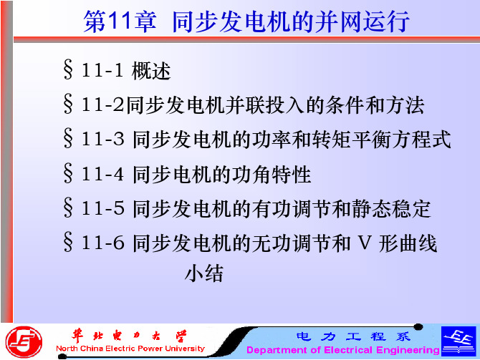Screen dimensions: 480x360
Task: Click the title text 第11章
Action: tap(120, 21)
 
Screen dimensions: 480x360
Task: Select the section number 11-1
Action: tap(102, 70)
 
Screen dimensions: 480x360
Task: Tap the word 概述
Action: tap(151, 71)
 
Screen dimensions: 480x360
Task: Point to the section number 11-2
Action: tap(102, 104)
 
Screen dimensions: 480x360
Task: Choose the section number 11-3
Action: tap(102, 139)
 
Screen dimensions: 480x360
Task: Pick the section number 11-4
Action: tap(102, 175)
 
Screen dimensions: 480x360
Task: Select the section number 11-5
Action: tap(102, 208)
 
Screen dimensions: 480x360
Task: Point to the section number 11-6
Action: tap(102, 243)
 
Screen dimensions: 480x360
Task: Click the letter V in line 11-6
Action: tap(364, 243)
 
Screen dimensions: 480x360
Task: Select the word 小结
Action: tap(204, 273)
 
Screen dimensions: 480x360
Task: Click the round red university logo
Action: tap(24, 342)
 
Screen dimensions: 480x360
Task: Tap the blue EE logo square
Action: tap(459, 341)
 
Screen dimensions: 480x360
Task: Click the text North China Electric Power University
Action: tap(130, 349)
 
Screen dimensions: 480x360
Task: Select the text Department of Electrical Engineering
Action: tap(343, 349)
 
